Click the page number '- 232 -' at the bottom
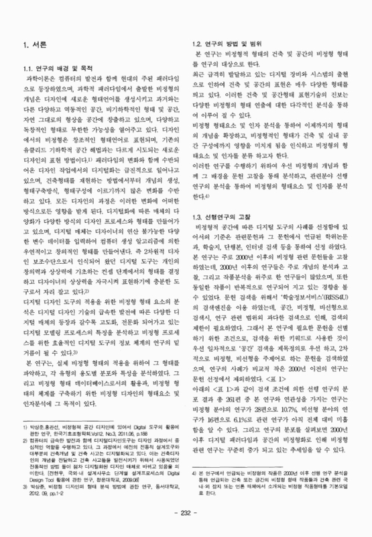click(185, 513)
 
